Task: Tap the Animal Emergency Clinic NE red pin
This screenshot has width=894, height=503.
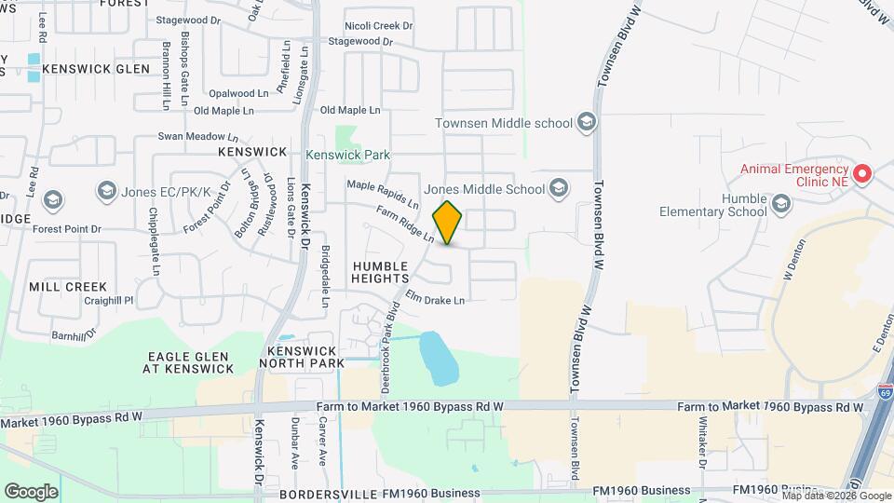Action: pyautogui.click(x=862, y=173)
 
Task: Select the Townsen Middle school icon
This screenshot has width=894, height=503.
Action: pyautogui.click(x=586, y=123)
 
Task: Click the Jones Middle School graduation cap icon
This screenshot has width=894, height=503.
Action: pyautogui.click(x=558, y=189)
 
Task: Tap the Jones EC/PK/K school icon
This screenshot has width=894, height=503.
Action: pyautogui.click(x=105, y=191)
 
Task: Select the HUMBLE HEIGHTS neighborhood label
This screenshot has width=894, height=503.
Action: pyautogui.click(x=380, y=272)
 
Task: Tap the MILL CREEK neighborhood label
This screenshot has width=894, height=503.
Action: pyautogui.click(x=68, y=287)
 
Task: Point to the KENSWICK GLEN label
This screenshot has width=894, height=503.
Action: pyautogui.click(x=96, y=69)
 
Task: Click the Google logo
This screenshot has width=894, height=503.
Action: pyautogui.click(x=31, y=491)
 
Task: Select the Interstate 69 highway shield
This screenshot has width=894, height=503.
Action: pyautogui.click(x=884, y=396)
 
